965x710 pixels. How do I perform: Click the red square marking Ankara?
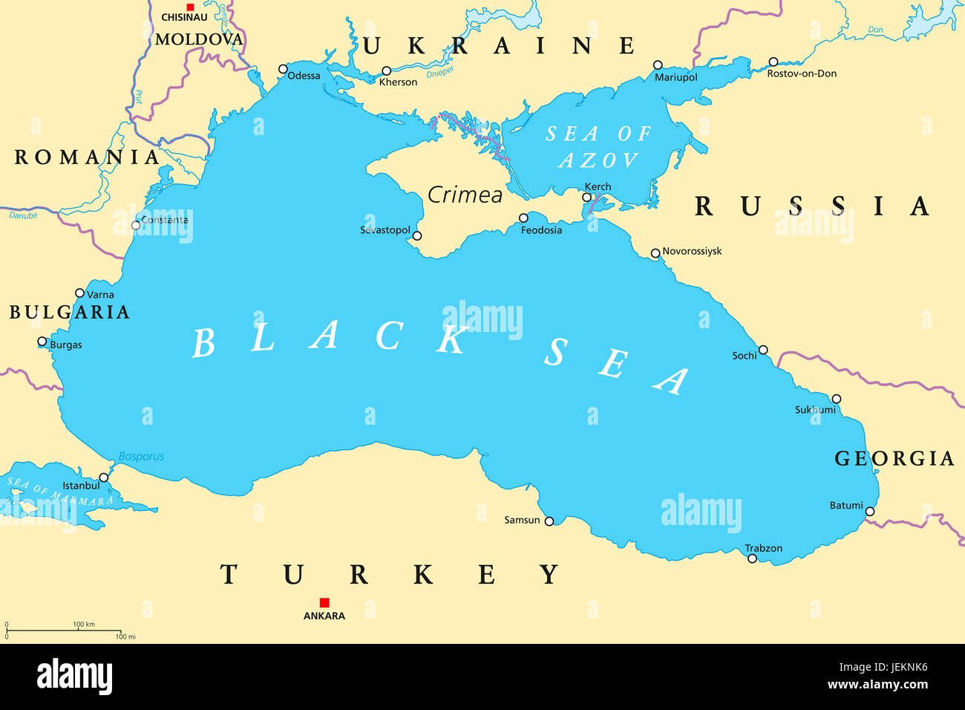324,602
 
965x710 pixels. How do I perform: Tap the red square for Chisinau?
190,7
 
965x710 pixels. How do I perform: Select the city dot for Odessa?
283,69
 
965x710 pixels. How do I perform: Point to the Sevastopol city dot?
417,236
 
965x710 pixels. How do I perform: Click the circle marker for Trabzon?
752,558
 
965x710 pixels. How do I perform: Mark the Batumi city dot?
870,512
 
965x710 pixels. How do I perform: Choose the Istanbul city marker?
104,478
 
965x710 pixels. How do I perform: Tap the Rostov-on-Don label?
802,74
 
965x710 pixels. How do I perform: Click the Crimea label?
465,195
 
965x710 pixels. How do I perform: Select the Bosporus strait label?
141,457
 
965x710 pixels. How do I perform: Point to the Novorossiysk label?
692,251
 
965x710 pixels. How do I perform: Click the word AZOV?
598,160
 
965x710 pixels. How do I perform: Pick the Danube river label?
23,215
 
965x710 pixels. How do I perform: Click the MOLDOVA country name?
199,39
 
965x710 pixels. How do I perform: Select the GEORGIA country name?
894,458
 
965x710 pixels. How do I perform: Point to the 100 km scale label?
84,625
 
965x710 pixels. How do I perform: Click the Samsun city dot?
549,521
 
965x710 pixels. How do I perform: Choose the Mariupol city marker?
658,65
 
